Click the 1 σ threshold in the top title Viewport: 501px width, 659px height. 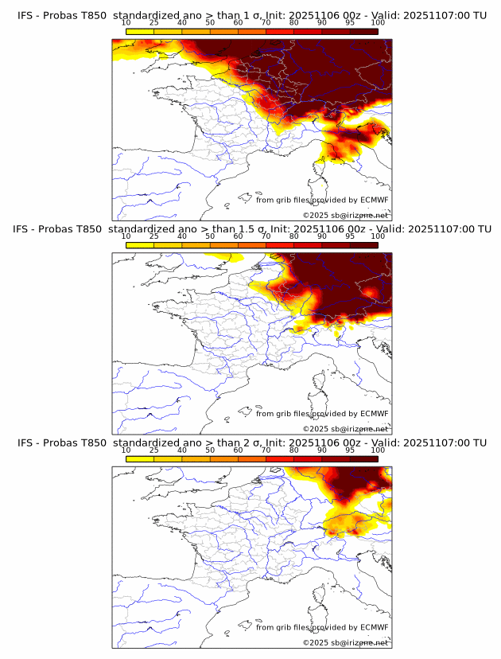[256, 15]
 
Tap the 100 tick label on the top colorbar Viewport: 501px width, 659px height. [378, 23]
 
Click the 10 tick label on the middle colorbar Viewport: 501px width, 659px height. [126, 236]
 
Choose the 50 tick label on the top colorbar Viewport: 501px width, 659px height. [210, 23]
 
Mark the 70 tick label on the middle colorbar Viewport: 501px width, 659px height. [266, 236]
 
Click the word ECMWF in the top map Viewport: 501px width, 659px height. [373, 200]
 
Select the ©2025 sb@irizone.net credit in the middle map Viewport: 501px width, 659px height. [345, 428]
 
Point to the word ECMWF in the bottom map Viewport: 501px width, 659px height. [373, 627]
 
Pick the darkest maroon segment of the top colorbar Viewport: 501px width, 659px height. [363, 32]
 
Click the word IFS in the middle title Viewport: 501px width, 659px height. [22, 228]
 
